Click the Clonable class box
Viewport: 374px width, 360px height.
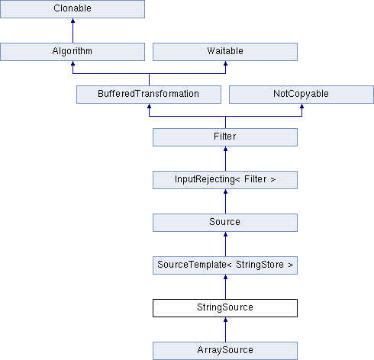[73, 9]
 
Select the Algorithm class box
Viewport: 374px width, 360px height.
[73, 52]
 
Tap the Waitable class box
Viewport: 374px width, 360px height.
[225, 52]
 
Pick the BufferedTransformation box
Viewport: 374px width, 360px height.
[149, 95]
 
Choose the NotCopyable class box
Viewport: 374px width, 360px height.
[301, 95]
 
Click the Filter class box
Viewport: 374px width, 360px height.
[225, 137]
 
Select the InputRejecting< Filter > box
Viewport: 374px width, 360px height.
[225, 180]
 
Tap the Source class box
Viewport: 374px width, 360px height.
[225, 223]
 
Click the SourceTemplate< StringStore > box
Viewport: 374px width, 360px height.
[225, 265]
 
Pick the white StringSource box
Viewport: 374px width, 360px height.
[225, 308]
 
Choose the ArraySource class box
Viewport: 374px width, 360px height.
[225, 351]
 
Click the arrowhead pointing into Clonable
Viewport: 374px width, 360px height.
[73, 21]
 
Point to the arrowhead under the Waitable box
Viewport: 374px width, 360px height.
[225, 63]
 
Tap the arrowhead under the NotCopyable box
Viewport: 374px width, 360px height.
[301, 106]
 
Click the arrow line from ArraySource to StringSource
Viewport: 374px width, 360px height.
[225, 329]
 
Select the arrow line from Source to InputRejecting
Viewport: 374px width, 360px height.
[225, 201]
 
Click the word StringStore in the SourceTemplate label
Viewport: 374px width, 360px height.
[260, 265]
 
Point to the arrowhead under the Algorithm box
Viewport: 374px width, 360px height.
[73, 63]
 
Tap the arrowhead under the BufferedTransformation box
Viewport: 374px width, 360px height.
[149, 106]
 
